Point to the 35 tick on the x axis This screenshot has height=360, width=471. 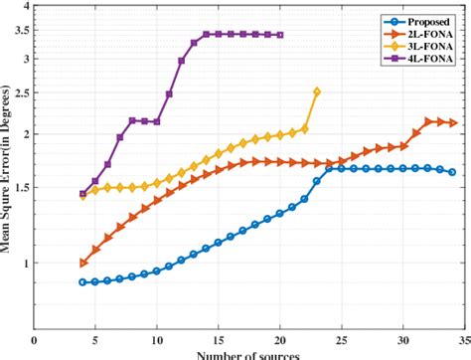click(464, 340)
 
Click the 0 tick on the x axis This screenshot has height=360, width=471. click(34, 340)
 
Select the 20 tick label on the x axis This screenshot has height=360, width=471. click(280, 340)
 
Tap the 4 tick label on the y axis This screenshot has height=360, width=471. click(23, 8)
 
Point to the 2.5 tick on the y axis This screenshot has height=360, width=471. click(19, 93)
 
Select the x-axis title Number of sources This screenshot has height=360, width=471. click(248, 355)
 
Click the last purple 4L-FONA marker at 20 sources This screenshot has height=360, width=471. click(280, 35)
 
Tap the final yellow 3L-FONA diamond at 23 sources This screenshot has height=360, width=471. click(317, 91)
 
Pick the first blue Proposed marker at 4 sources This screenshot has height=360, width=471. click(83, 282)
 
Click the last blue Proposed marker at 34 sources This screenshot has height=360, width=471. click(452, 172)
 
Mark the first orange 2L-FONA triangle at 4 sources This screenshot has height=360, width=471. click(83, 263)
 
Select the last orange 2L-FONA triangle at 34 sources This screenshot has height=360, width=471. click(452, 123)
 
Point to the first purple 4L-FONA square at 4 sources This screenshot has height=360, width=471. click(83, 194)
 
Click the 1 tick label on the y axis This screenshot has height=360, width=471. click(23, 263)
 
